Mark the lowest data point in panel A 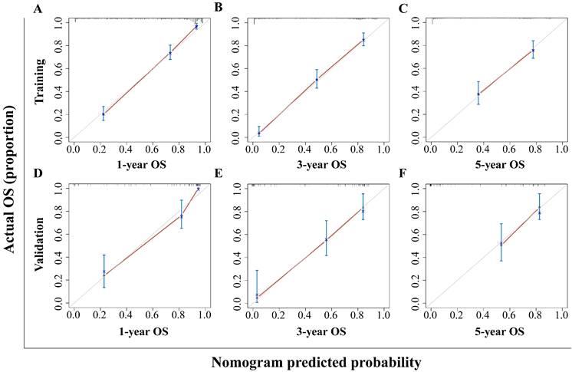click(103, 114)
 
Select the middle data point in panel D click(182, 216)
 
